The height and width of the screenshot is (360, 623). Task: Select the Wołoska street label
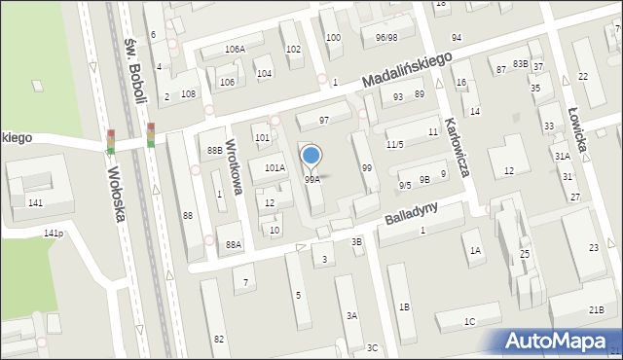(x=113, y=193)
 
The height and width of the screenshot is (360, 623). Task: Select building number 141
(x=35, y=202)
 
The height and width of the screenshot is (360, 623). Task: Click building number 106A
(x=235, y=49)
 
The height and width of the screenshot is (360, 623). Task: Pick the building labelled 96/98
(x=385, y=37)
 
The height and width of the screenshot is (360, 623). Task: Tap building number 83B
(x=522, y=63)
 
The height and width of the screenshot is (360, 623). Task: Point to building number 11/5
(x=394, y=145)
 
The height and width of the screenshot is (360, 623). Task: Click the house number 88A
(x=234, y=244)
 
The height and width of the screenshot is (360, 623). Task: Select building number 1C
(x=469, y=322)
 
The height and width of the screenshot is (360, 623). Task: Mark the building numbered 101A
(x=275, y=168)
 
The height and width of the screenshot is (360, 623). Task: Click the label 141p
(x=54, y=234)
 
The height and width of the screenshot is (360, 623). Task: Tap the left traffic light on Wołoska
(x=111, y=141)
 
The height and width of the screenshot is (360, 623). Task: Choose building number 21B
(x=595, y=309)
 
